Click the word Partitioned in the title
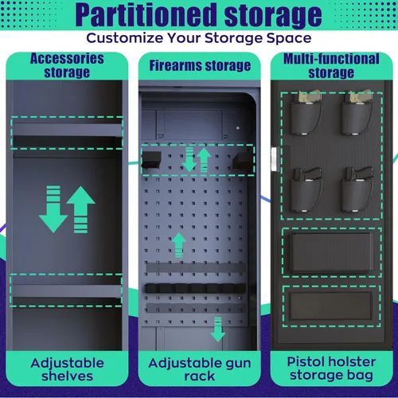click(x=146, y=15)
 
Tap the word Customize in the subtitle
click(x=125, y=38)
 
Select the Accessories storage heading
click(x=67, y=65)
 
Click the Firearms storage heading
click(x=200, y=65)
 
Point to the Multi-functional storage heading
click(x=331, y=65)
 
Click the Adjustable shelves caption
click(x=67, y=369)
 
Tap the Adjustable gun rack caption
click(x=200, y=369)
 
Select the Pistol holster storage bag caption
click(x=331, y=369)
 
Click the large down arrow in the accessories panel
click(x=53, y=209)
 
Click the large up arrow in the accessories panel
click(x=80, y=209)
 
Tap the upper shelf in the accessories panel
click(x=67, y=130)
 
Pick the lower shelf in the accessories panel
click(x=67, y=291)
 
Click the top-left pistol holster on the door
click(x=306, y=113)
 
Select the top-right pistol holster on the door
click(x=357, y=113)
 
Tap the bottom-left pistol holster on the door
click(x=306, y=190)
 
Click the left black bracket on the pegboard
click(x=151, y=160)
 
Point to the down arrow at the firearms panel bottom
click(x=218, y=329)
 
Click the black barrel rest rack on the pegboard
click(x=195, y=288)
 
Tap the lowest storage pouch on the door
click(x=330, y=306)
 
